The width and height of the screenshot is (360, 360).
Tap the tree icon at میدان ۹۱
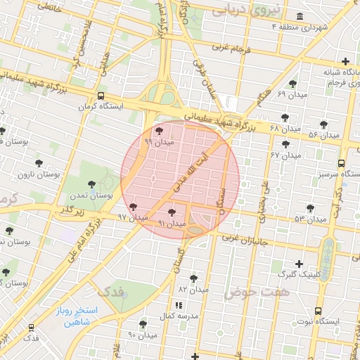[172, 211]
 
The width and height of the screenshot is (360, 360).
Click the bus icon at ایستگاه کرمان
[101, 96]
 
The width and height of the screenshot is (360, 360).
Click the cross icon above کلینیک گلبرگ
[300, 264]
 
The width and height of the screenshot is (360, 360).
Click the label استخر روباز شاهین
[78, 317]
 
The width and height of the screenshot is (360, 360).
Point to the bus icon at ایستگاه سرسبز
[341, 162]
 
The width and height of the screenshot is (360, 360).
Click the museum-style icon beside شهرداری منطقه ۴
[300, 16]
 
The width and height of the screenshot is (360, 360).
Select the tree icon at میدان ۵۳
[310, 207]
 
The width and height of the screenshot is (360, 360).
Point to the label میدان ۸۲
[193, 289]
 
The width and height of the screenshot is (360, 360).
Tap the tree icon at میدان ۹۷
[134, 207]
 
